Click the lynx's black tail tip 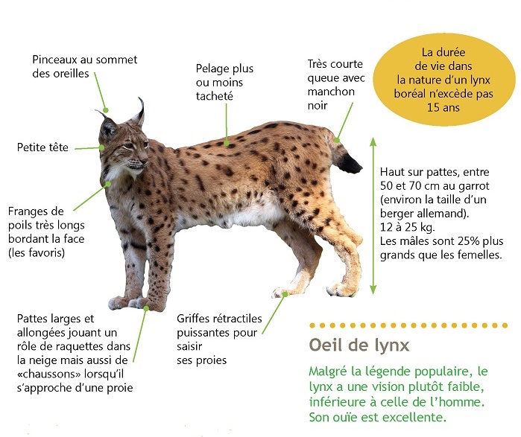[x=349, y=163]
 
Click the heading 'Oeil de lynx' [x=359, y=345]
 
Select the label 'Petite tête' [x=42, y=147]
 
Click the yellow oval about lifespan [x=444, y=80]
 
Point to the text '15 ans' [x=443, y=107]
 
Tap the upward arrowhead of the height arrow [x=373, y=141]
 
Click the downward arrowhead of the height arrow [x=373, y=290]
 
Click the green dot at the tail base [x=337, y=140]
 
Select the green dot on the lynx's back [x=227, y=144]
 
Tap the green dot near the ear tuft [x=106, y=110]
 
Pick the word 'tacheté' [x=215, y=96]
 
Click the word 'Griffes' [x=193, y=319]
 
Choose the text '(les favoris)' [x=37, y=253]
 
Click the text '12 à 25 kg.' [x=408, y=227]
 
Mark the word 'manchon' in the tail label [x=331, y=92]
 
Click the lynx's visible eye [x=128, y=146]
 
